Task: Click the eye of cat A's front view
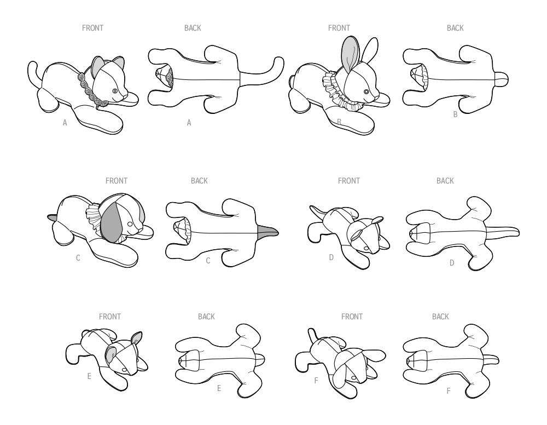[115, 91]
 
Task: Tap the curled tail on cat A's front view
[33, 73]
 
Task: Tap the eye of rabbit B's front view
[366, 92]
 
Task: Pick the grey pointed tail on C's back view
[267, 232]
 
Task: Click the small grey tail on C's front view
[53, 217]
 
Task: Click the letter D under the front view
[331, 257]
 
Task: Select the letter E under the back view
[219, 388]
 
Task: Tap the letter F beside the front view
[316, 381]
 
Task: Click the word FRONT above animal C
[117, 181]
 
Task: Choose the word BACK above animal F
[440, 317]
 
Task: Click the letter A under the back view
[189, 123]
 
